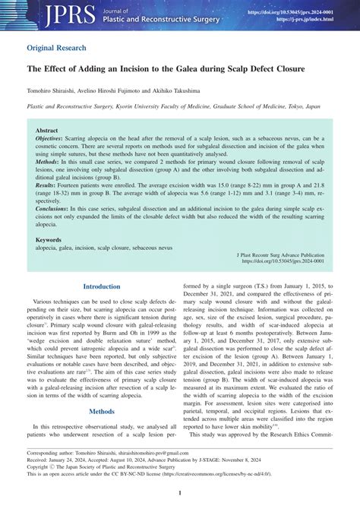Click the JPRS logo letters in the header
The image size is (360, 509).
tap(50, 14)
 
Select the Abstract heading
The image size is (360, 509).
tap(47, 131)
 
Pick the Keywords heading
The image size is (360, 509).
tap(49, 239)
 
